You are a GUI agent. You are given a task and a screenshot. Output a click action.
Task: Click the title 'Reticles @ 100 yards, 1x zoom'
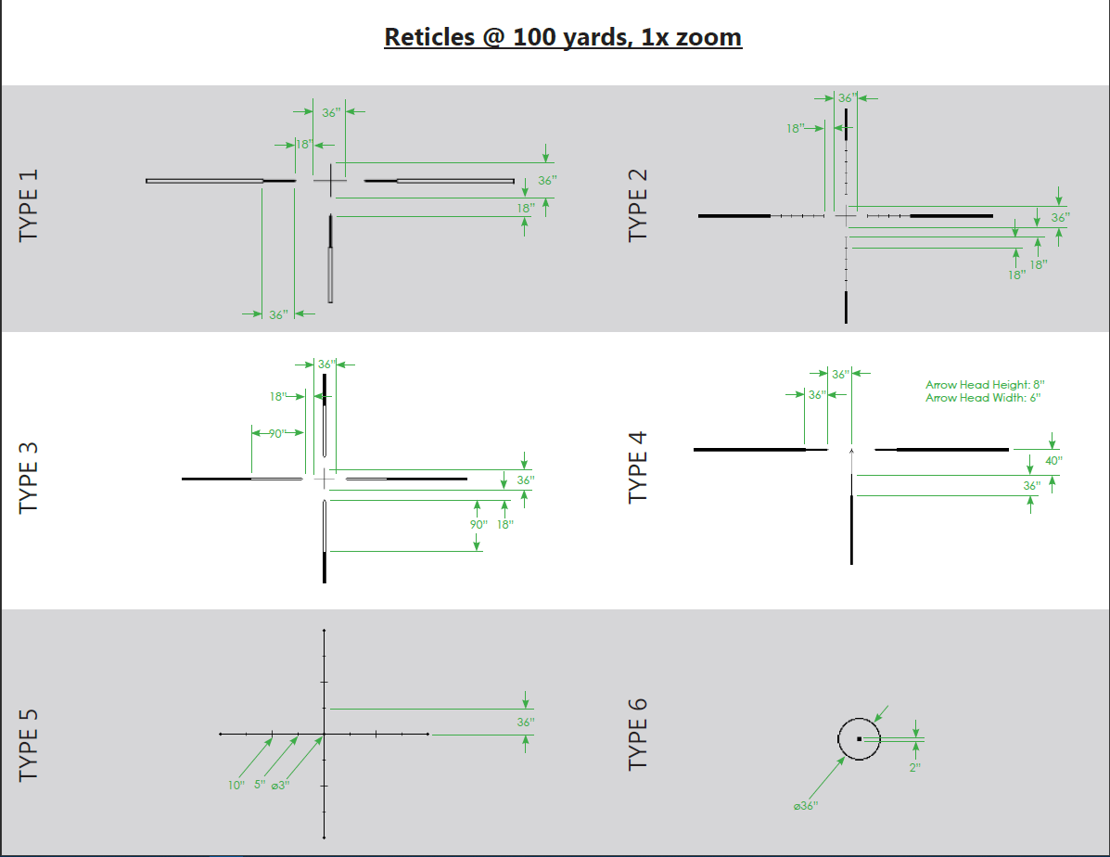coord(563,37)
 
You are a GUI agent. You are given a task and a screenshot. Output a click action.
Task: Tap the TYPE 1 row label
coord(30,206)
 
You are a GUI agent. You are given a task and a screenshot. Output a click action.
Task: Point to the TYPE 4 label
coord(638,467)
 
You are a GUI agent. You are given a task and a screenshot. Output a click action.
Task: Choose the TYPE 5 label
coord(30,744)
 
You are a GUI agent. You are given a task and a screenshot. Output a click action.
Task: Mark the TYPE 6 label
coord(638,734)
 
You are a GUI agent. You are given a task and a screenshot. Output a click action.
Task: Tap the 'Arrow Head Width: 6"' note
coord(983,398)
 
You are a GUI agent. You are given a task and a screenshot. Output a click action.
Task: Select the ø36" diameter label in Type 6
coord(806,806)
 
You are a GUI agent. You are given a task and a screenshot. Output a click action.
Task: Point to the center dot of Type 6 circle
coord(860,739)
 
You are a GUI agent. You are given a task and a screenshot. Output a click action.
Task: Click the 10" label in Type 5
coord(236,786)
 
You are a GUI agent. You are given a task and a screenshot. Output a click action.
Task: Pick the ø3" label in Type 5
coord(280,786)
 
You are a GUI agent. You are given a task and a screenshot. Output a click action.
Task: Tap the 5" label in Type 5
coord(260,786)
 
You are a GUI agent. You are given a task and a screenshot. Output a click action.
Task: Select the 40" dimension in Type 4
coord(1053,460)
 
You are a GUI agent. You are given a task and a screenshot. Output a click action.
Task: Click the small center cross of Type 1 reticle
coord(330,181)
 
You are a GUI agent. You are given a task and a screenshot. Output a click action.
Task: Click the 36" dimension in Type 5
coord(526,722)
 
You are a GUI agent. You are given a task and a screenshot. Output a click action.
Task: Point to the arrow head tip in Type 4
coord(851,447)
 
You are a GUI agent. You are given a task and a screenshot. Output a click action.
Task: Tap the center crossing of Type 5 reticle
coord(324,734)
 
